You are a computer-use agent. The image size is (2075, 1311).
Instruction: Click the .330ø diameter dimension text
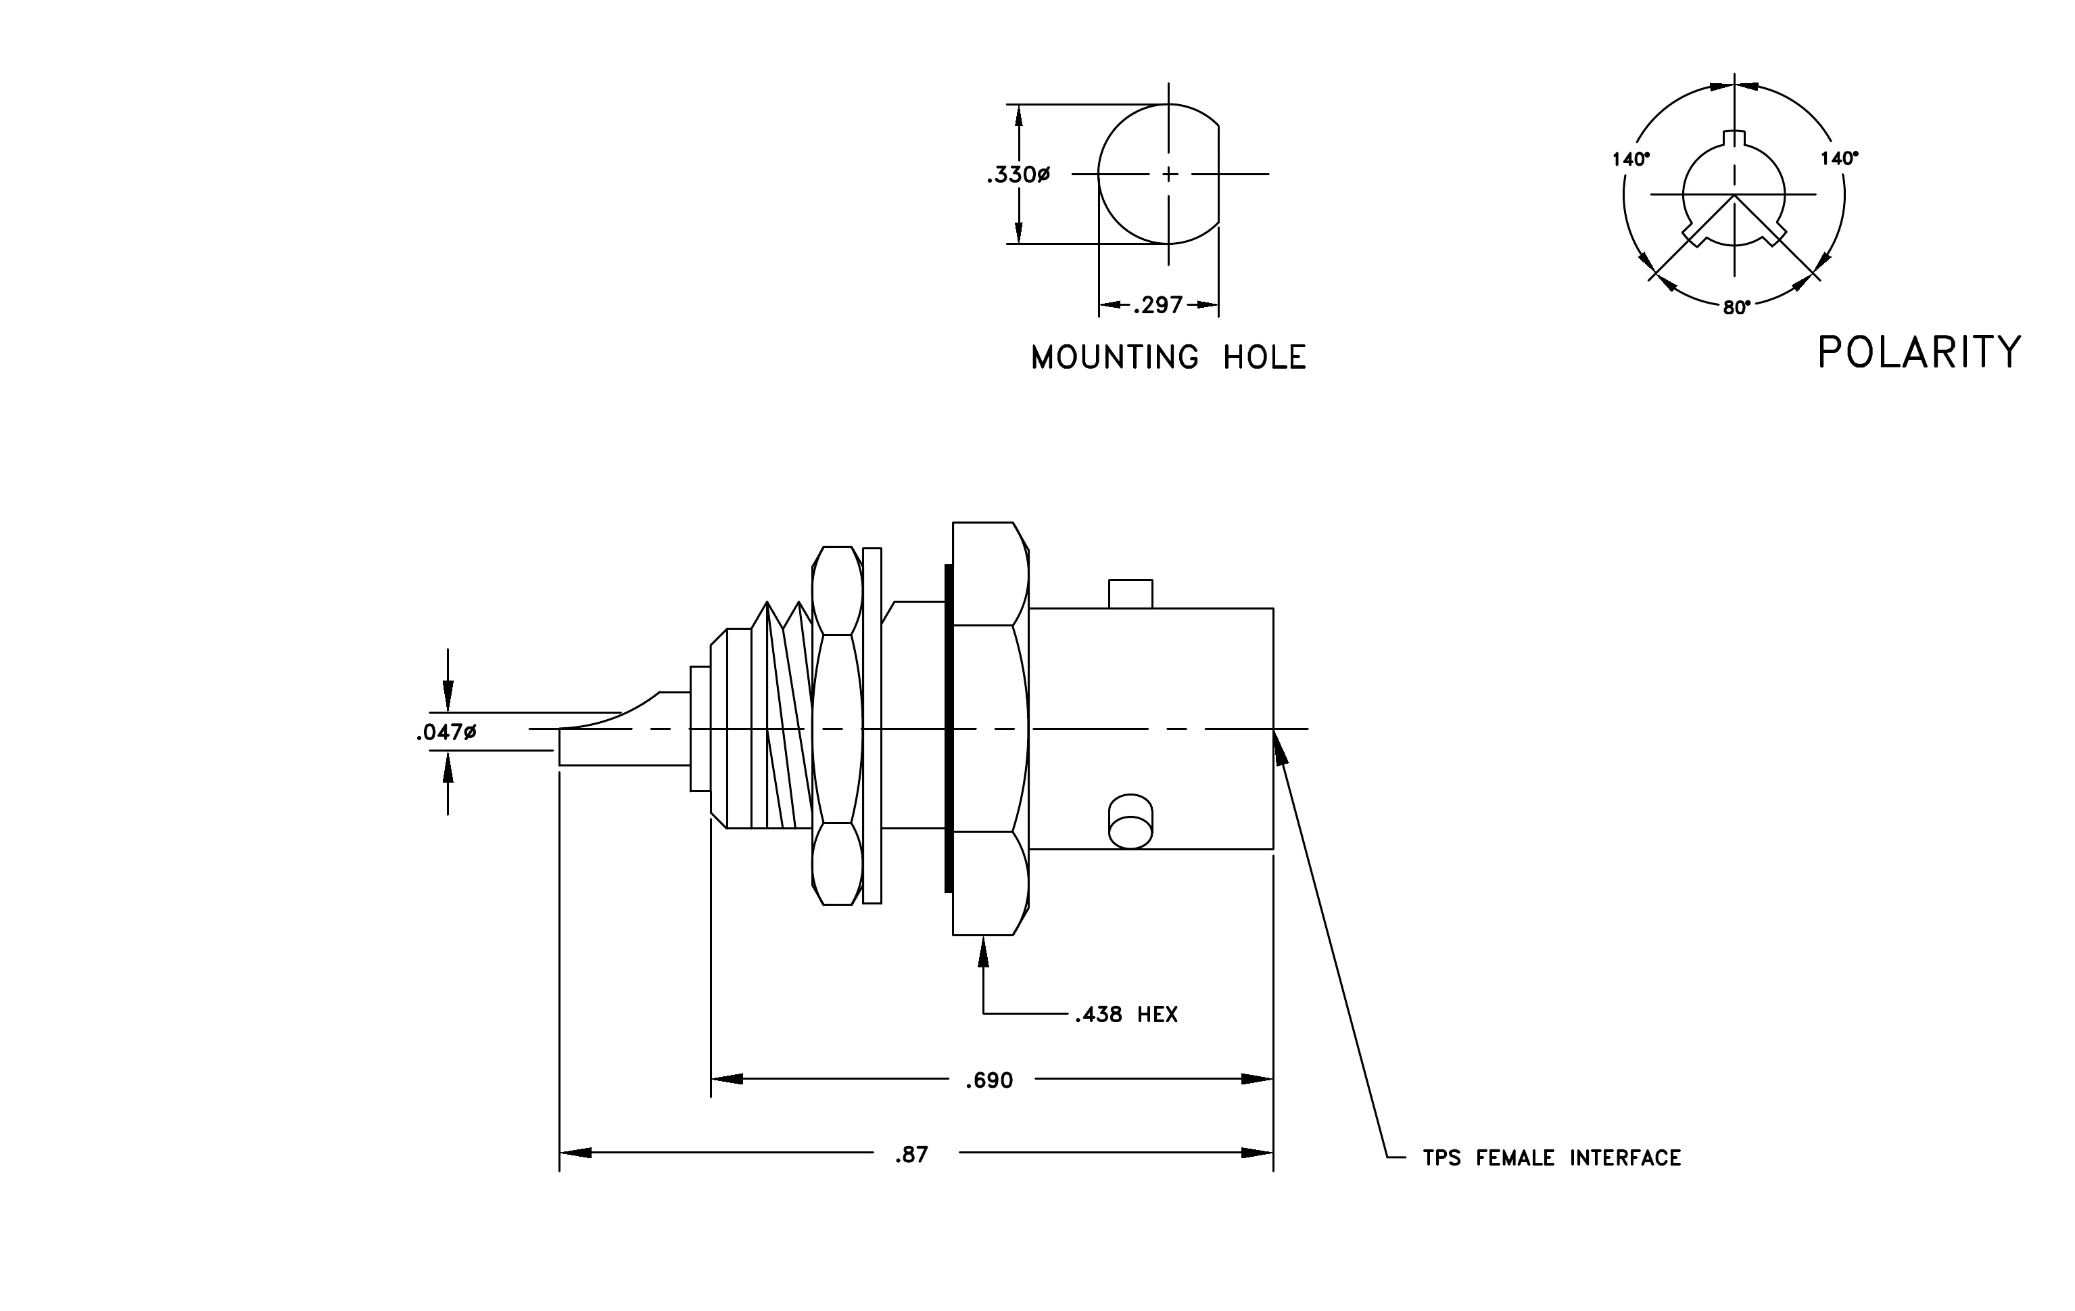(1018, 175)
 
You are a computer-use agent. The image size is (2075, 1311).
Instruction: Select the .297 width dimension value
(1158, 305)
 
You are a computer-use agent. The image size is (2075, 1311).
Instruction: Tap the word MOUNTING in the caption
(1115, 358)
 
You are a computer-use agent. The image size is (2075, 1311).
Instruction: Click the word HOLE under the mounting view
(1265, 358)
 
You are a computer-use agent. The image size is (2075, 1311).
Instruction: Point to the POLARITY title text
(1919, 352)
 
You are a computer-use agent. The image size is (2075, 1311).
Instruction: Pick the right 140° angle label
(1839, 158)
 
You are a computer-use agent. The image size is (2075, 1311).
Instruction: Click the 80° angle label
(1736, 308)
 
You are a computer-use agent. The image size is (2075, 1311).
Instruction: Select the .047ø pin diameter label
(446, 733)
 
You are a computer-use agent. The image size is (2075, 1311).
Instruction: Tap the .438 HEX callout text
(1125, 1015)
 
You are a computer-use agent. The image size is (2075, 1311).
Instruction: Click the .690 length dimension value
(989, 1081)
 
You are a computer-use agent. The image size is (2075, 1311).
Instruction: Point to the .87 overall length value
(911, 1155)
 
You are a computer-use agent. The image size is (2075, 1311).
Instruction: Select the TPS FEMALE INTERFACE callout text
(1551, 1157)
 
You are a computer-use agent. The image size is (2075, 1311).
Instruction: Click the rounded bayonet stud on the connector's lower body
(1130, 821)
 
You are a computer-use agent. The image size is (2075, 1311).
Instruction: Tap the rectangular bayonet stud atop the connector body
(1130, 594)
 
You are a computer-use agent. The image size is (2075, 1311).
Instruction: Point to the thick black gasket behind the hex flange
(949, 729)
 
